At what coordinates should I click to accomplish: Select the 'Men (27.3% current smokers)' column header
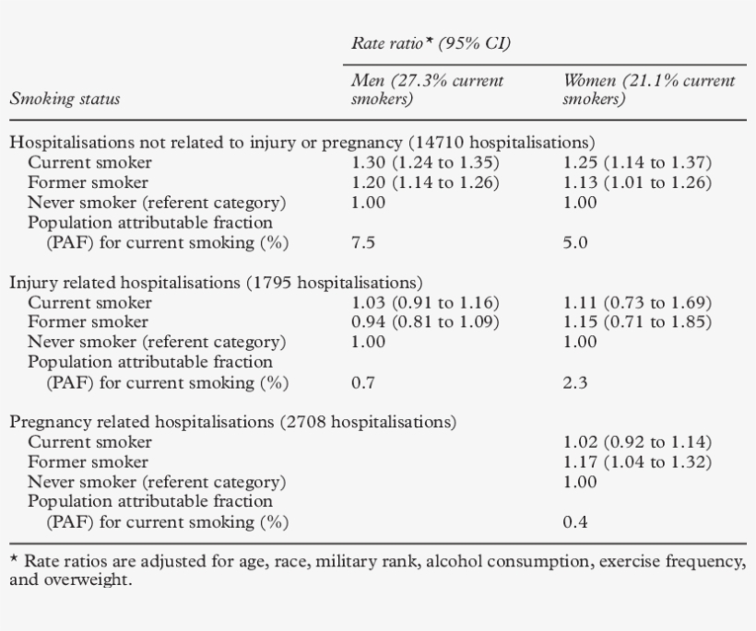point(428,89)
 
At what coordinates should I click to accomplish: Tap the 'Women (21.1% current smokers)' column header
point(648,89)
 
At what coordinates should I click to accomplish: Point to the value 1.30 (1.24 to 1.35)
point(425,163)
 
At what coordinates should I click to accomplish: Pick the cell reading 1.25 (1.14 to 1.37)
point(637,163)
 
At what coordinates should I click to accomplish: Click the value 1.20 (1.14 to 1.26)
point(425,182)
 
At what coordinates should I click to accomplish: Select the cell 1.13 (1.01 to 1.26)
point(637,182)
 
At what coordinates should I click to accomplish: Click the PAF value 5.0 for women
point(575,243)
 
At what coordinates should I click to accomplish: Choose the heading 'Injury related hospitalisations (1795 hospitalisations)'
point(216,283)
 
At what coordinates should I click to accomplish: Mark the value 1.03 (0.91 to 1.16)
point(425,303)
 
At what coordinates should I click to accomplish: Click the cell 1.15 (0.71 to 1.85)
point(637,322)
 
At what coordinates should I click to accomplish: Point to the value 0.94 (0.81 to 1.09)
point(425,322)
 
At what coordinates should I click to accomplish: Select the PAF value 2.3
point(575,383)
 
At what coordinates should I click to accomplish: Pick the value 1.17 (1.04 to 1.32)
point(637,462)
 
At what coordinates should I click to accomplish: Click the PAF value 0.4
point(575,523)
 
